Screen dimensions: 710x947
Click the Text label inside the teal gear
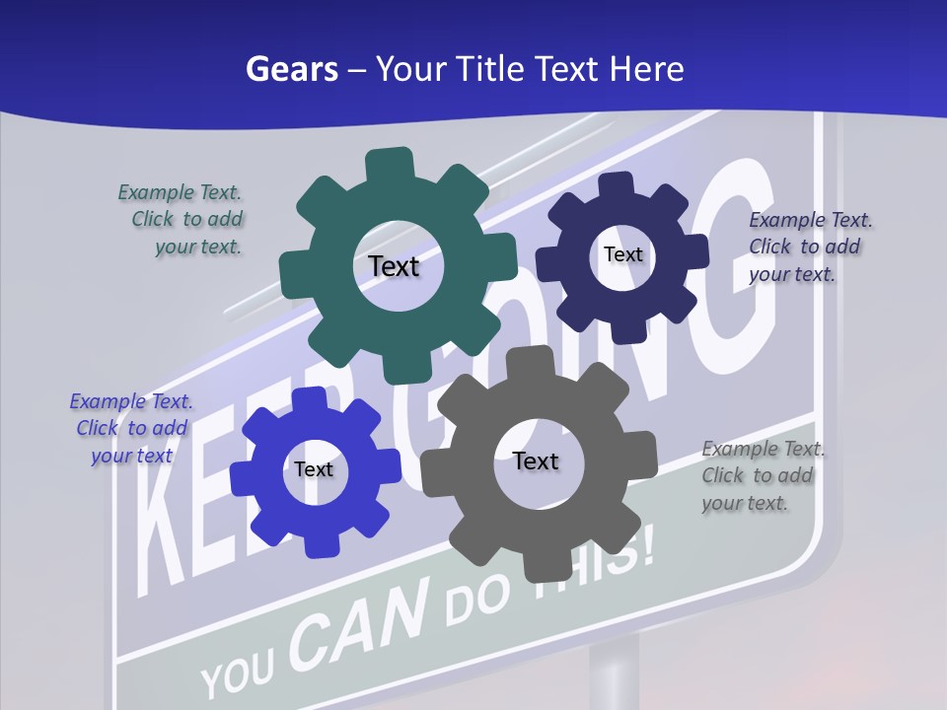point(394,266)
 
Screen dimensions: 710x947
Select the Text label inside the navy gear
point(622,254)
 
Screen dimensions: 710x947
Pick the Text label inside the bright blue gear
point(314,469)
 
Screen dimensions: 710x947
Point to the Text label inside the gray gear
point(536,461)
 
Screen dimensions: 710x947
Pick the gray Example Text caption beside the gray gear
point(761,475)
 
